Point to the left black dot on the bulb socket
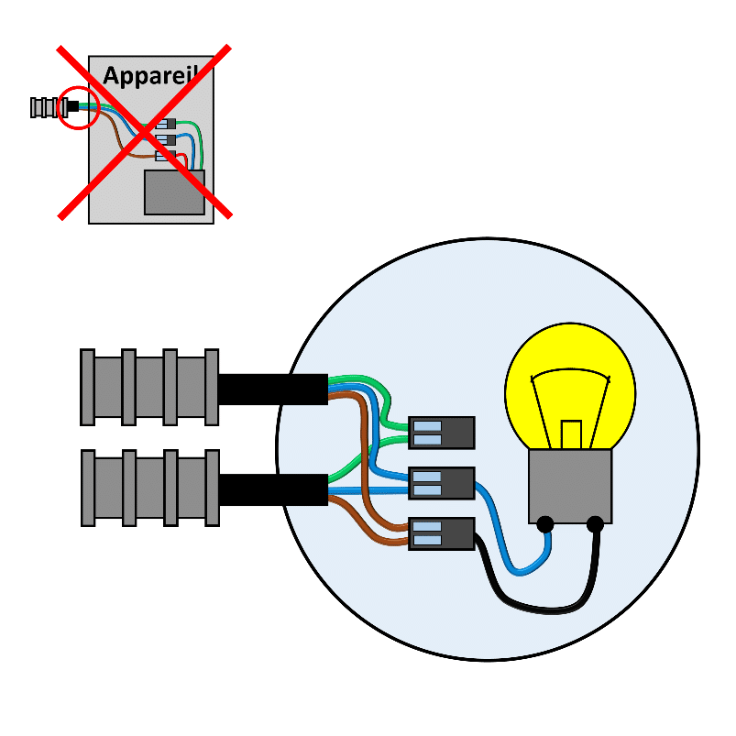(x=545, y=524)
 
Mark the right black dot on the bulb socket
(x=595, y=524)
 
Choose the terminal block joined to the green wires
(x=442, y=433)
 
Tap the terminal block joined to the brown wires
(x=442, y=533)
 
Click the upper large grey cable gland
(x=149, y=387)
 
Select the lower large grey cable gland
(x=149, y=488)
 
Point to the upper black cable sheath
(x=273, y=389)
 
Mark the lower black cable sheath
(x=273, y=489)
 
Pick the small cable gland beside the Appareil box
(x=43, y=107)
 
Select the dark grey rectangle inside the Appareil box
(x=174, y=192)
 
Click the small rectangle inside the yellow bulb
(x=571, y=434)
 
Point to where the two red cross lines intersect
(x=145, y=131)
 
